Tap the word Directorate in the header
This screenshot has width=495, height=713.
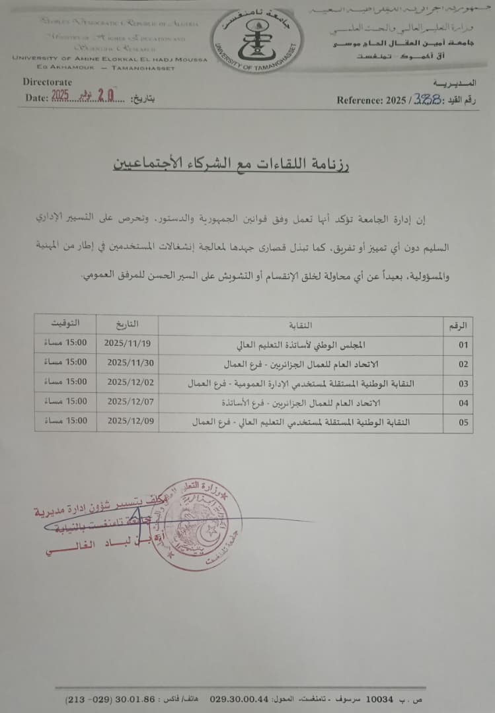48,82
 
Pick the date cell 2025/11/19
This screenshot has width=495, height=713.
128,344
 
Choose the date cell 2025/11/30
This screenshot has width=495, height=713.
128,362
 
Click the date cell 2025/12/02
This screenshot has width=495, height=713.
128,382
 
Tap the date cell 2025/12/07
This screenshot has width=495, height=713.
128,401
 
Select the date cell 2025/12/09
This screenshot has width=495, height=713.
128,420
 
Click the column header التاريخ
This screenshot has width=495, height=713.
128,324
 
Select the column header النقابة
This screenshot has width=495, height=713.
301,325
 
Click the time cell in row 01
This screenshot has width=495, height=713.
65,344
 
